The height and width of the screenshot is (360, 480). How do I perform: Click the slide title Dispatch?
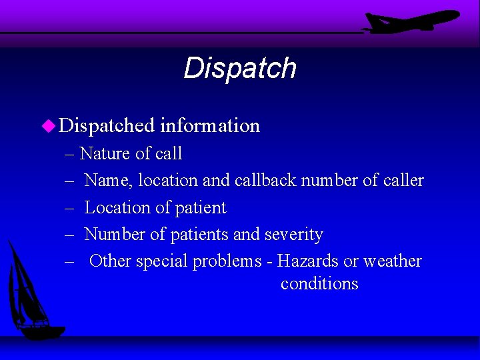tap(239, 68)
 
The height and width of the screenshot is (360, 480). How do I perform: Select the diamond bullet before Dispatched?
tap(47, 125)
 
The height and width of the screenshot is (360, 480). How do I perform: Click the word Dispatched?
tap(107, 125)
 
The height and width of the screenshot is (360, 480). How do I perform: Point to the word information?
tap(210, 125)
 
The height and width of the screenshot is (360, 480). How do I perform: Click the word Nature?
tap(105, 154)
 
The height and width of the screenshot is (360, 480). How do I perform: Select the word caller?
tap(403, 181)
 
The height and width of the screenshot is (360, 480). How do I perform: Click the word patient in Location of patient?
tap(200, 208)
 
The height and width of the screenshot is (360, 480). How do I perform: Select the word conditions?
tap(319, 284)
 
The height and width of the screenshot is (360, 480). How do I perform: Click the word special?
tap(162, 262)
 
